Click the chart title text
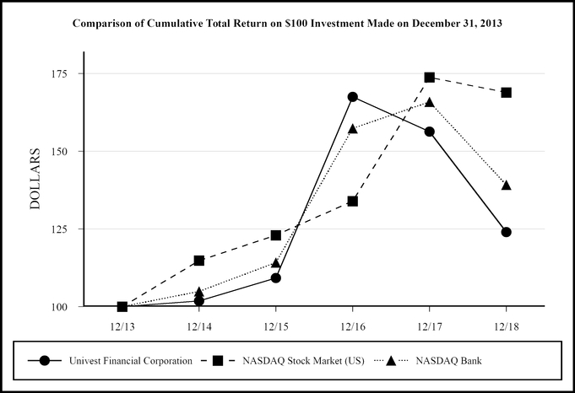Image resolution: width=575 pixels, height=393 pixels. click(286, 23)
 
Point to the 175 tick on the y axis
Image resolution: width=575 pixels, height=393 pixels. click(64, 73)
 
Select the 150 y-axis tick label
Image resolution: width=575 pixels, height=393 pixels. click(64, 151)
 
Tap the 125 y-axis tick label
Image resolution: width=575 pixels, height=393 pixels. click(64, 229)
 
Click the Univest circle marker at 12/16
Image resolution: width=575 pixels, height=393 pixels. click(352, 97)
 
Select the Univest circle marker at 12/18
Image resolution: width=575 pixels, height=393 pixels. click(506, 232)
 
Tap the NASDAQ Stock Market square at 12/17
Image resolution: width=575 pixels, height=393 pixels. click(429, 78)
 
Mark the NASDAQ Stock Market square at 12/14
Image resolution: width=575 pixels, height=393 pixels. click(198, 261)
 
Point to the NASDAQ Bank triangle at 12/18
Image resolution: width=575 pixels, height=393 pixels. click(506, 185)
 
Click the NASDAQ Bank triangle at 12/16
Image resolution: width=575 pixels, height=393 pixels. click(352, 129)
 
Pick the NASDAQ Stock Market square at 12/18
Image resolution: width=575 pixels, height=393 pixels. click(506, 92)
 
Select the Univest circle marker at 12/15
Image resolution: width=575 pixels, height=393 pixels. click(275, 277)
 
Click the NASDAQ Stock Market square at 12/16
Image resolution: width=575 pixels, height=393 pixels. click(352, 201)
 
